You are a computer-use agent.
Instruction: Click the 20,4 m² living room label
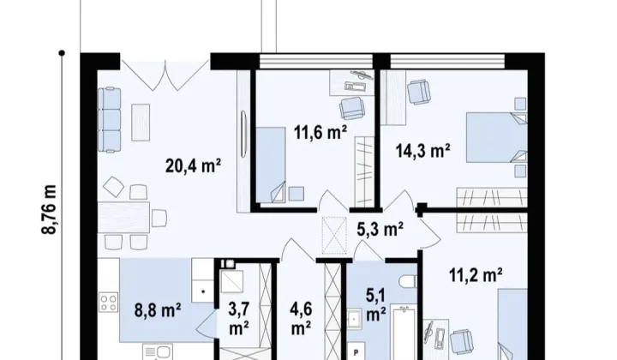(193, 165)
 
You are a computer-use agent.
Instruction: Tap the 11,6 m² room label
(320, 132)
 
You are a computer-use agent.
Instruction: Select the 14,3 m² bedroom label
(423, 150)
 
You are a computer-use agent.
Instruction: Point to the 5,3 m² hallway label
(380, 229)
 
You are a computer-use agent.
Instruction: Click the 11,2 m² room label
(476, 274)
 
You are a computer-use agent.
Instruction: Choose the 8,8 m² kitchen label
(158, 310)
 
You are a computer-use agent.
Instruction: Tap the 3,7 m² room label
(239, 318)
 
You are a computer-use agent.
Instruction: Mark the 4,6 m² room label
(301, 318)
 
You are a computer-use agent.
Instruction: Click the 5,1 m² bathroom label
(375, 305)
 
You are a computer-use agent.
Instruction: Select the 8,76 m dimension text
(49, 210)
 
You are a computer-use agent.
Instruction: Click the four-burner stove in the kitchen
(108, 303)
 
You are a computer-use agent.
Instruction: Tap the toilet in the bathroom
(407, 281)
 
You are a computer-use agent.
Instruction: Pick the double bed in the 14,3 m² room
(496, 137)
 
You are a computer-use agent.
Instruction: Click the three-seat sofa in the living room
(110, 120)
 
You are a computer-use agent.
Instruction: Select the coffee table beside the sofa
(141, 122)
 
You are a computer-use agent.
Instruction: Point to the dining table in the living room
(123, 217)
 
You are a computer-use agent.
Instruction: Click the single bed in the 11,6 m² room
(271, 165)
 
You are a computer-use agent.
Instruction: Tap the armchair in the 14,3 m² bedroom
(419, 92)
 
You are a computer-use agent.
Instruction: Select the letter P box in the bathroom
(356, 352)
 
